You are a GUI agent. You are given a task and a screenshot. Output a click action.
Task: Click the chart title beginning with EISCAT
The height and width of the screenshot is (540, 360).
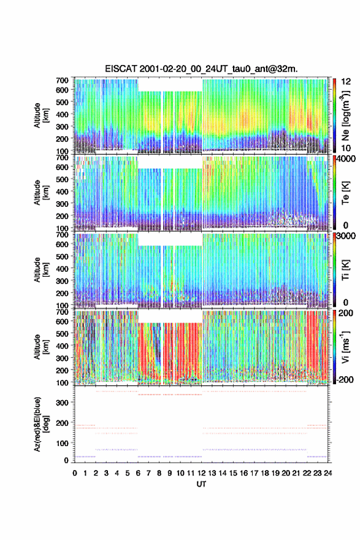point(201,69)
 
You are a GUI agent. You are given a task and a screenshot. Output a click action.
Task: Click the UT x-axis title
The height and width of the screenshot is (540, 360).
point(201,484)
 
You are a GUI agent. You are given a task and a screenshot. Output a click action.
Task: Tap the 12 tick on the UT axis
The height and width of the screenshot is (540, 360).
point(201,473)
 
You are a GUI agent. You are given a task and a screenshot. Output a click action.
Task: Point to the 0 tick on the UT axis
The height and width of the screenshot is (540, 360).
point(75,473)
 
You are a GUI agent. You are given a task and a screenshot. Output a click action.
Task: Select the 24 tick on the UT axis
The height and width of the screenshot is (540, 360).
point(328,473)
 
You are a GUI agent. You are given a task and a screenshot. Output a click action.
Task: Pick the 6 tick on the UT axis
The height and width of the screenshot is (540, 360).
point(138,473)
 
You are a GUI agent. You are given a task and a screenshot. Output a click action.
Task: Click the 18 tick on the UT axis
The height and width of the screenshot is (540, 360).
point(265,473)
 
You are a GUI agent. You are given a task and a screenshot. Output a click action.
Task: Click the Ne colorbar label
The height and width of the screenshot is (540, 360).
point(345,115)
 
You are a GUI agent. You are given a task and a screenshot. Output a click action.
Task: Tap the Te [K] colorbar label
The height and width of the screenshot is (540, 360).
point(345,192)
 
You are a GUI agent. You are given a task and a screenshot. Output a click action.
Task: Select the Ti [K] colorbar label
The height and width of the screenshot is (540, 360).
point(345,269)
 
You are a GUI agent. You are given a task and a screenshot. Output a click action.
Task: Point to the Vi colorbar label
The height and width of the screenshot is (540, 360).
point(345,347)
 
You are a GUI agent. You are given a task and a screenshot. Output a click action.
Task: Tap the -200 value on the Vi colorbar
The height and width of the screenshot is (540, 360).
point(343,379)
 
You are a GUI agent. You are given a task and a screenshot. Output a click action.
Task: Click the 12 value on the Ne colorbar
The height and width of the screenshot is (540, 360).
point(347,82)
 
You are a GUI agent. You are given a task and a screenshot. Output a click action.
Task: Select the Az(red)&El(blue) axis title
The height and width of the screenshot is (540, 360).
point(40,424)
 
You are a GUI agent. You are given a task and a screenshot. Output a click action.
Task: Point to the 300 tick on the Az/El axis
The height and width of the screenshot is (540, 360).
point(63,403)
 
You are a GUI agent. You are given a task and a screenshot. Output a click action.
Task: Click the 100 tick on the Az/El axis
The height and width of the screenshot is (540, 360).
point(63,443)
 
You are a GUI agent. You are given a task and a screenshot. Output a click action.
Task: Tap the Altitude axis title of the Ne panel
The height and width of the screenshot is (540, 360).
point(40,115)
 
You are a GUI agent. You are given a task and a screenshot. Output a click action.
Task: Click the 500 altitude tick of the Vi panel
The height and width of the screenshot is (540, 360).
point(63,334)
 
